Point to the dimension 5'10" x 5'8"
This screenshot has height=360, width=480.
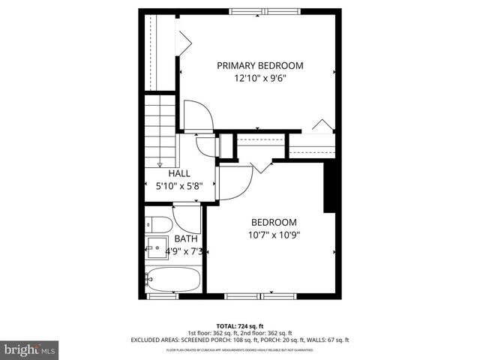click(x=178, y=186)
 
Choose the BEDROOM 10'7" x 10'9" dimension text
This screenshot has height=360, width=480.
click(x=273, y=235)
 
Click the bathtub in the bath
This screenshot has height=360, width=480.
click(x=173, y=280)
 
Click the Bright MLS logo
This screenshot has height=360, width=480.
click(x=30, y=349)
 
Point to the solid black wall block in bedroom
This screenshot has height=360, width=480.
click(x=328, y=187)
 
